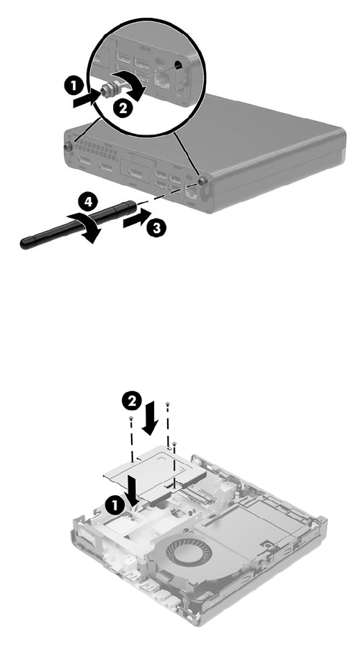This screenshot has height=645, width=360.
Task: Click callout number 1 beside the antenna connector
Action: [74, 86]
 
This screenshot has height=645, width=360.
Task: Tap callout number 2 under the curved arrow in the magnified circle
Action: [122, 109]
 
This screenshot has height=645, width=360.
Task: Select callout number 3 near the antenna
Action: [157, 228]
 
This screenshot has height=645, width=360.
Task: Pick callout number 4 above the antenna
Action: [88, 203]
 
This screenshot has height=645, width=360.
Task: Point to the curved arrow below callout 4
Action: [83, 227]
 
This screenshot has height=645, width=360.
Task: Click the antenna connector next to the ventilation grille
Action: [68, 146]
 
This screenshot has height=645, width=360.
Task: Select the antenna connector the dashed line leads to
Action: [201, 180]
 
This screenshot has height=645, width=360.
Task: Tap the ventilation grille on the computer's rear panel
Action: [96, 152]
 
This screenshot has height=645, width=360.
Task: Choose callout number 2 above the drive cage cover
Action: [132, 402]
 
